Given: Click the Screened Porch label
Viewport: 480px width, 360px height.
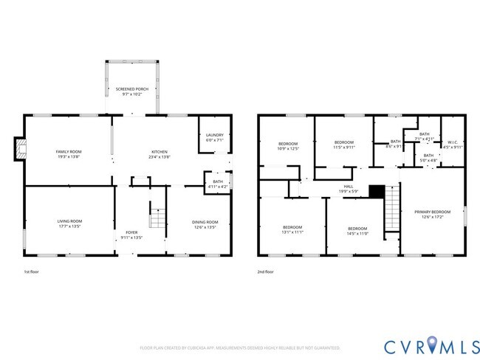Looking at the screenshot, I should [132, 91].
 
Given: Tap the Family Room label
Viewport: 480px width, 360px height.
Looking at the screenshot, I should [69, 154].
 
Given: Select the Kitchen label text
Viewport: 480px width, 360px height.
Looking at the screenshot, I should [160, 154].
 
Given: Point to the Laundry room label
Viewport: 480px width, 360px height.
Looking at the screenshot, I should [214, 137].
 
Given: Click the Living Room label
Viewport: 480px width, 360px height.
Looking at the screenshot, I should [69, 224].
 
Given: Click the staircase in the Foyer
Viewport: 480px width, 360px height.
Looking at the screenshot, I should [156, 217].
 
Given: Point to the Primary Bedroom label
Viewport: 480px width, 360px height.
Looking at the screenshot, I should [432, 214].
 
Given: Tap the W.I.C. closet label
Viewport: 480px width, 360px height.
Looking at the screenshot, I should [453, 145].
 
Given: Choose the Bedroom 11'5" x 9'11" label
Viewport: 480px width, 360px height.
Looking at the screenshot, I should [343, 145].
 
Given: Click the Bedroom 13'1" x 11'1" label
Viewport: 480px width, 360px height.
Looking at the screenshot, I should [292, 229].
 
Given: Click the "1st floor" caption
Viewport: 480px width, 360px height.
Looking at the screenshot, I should [32, 272].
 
